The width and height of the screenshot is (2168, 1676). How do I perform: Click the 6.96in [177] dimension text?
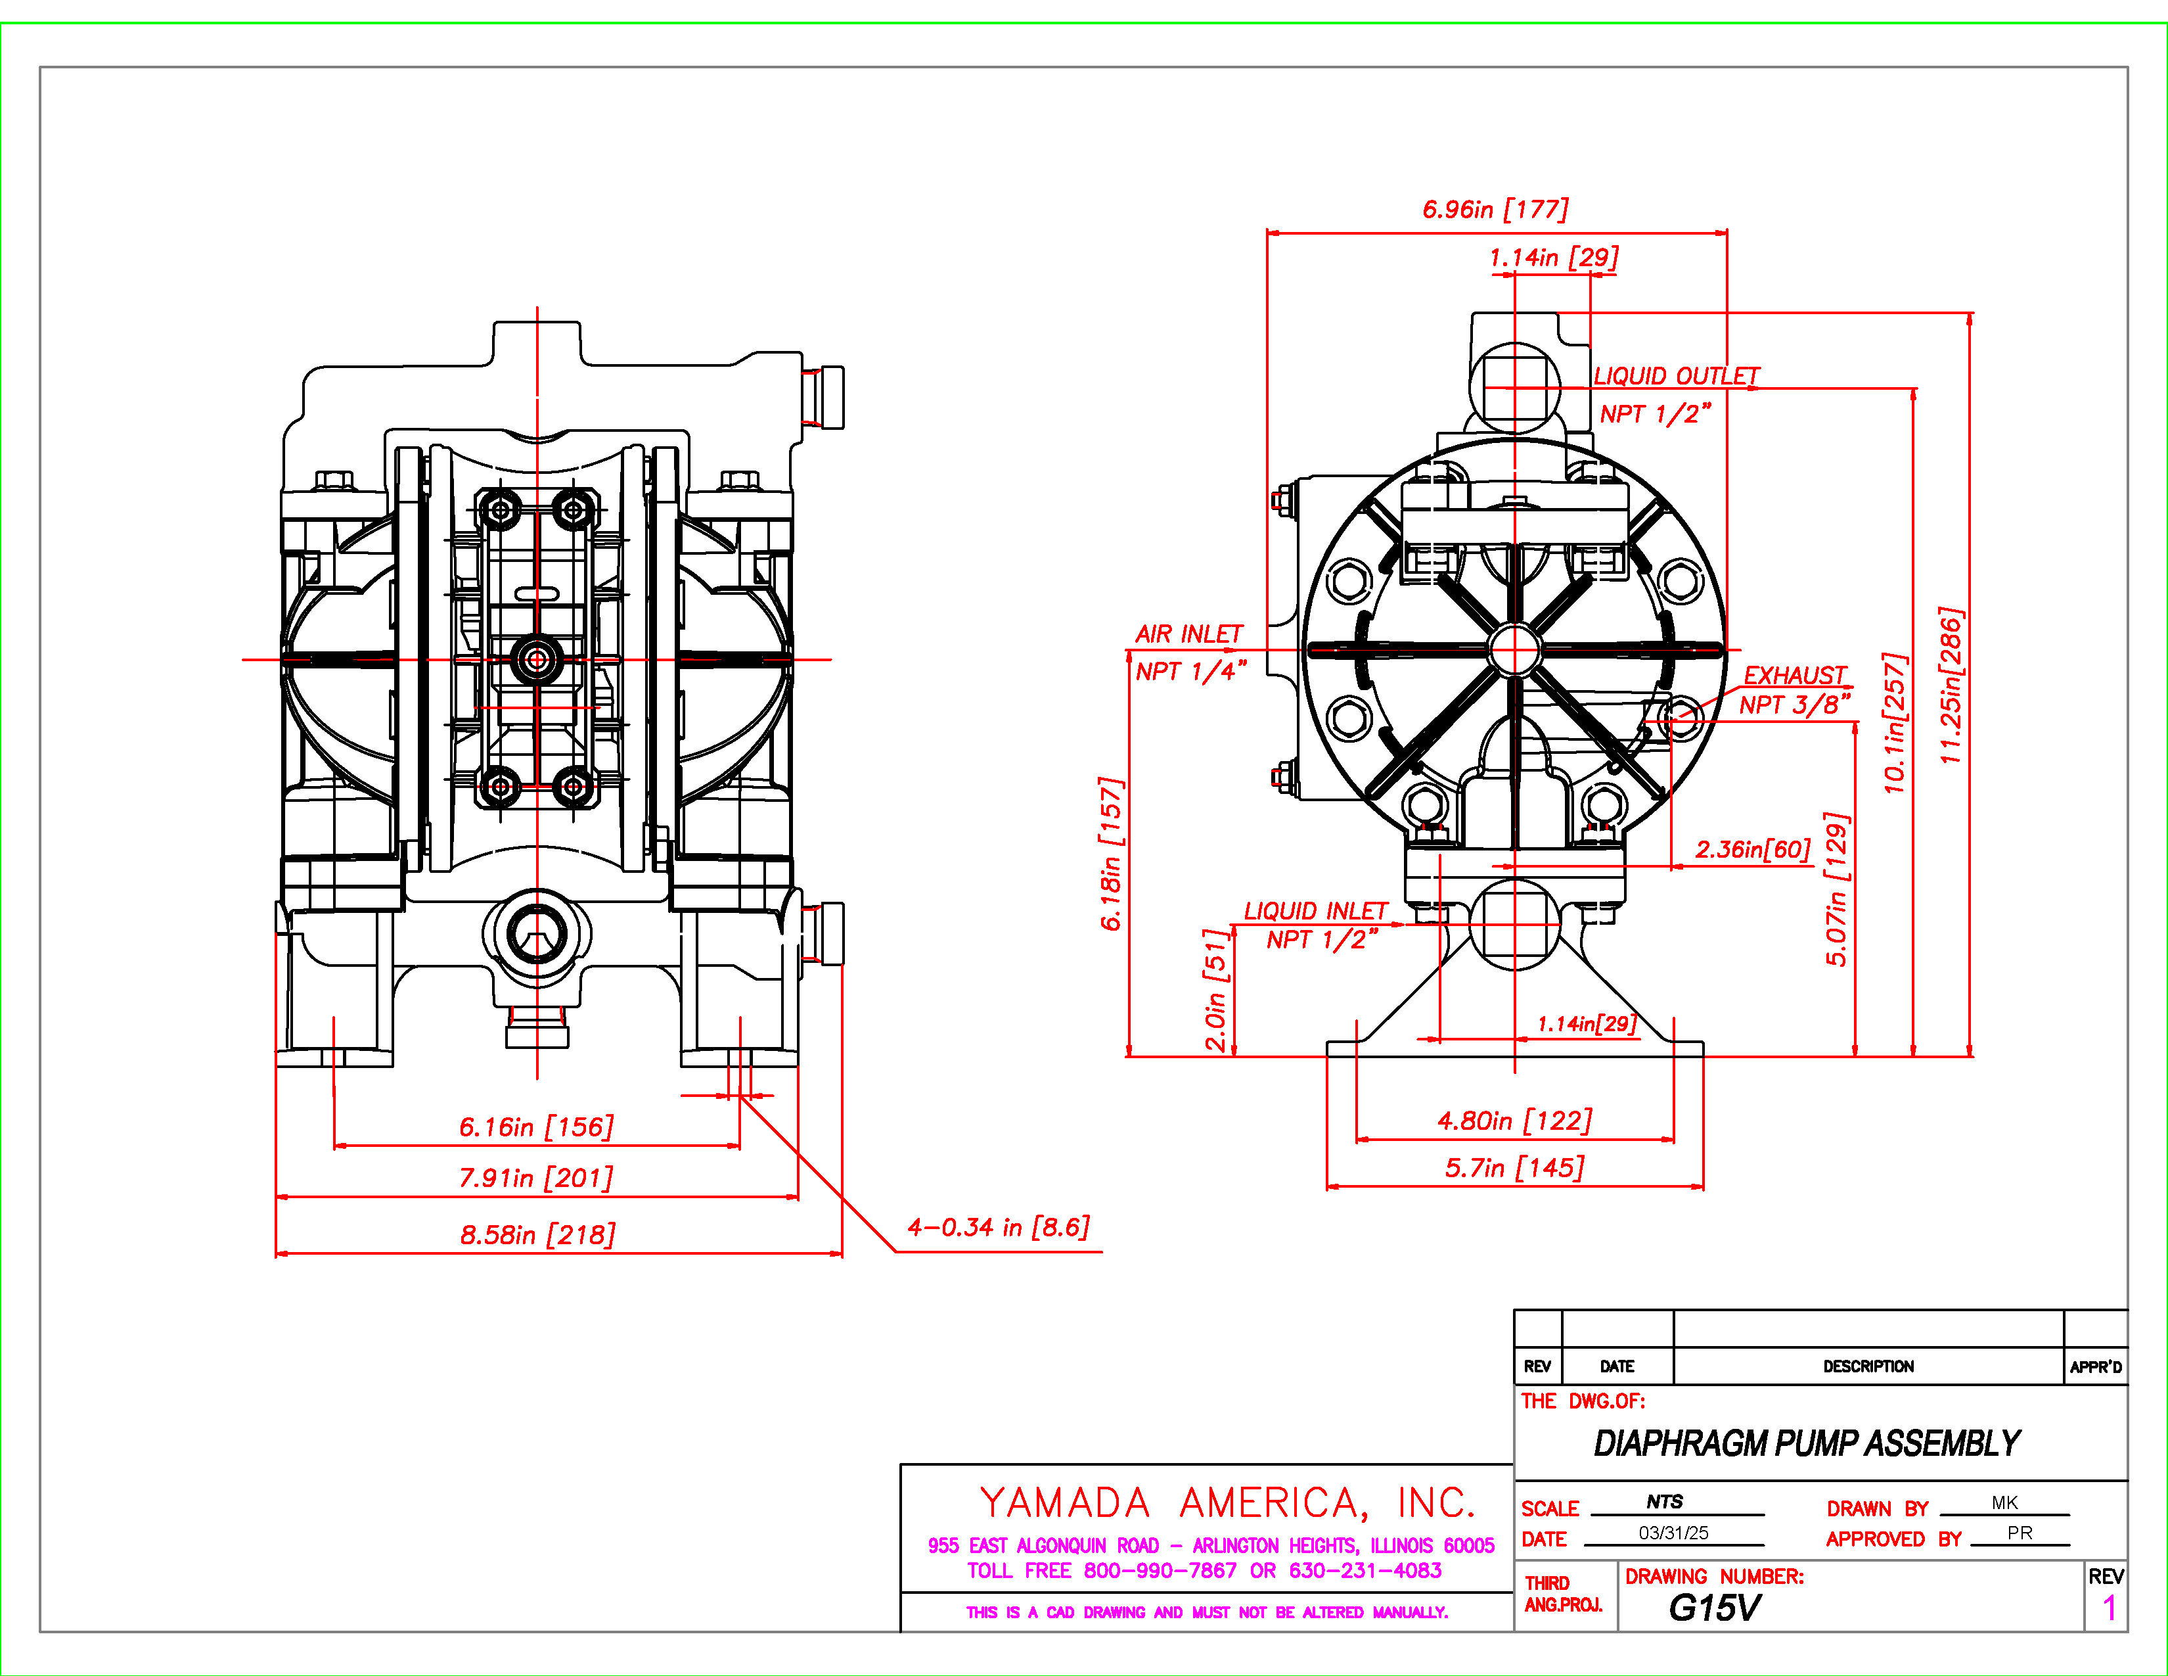(1495, 210)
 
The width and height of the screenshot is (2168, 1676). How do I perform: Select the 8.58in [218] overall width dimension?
(537, 1235)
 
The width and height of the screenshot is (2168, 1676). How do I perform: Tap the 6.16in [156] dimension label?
(536, 1127)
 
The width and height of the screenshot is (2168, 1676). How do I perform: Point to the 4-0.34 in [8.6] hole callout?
(998, 1227)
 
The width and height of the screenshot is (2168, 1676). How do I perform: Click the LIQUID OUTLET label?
(1676, 377)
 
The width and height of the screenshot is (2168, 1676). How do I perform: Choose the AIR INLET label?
(1188, 634)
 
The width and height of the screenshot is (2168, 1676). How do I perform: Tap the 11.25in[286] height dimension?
(1952, 685)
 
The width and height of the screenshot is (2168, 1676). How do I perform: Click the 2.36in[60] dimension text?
(1753, 849)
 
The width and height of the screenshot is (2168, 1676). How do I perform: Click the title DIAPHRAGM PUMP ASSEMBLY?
(1807, 1443)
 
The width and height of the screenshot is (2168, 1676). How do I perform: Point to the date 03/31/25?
(1674, 1533)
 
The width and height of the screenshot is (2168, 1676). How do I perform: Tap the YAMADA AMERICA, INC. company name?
(1227, 1503)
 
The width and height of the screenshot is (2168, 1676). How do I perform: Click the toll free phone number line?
(1204, 1571)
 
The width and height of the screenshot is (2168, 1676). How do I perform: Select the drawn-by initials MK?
(2004, 1502)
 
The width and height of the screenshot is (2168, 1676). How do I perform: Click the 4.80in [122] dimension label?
(1515, 1121)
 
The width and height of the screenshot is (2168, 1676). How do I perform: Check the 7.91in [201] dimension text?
(536, 1178)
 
